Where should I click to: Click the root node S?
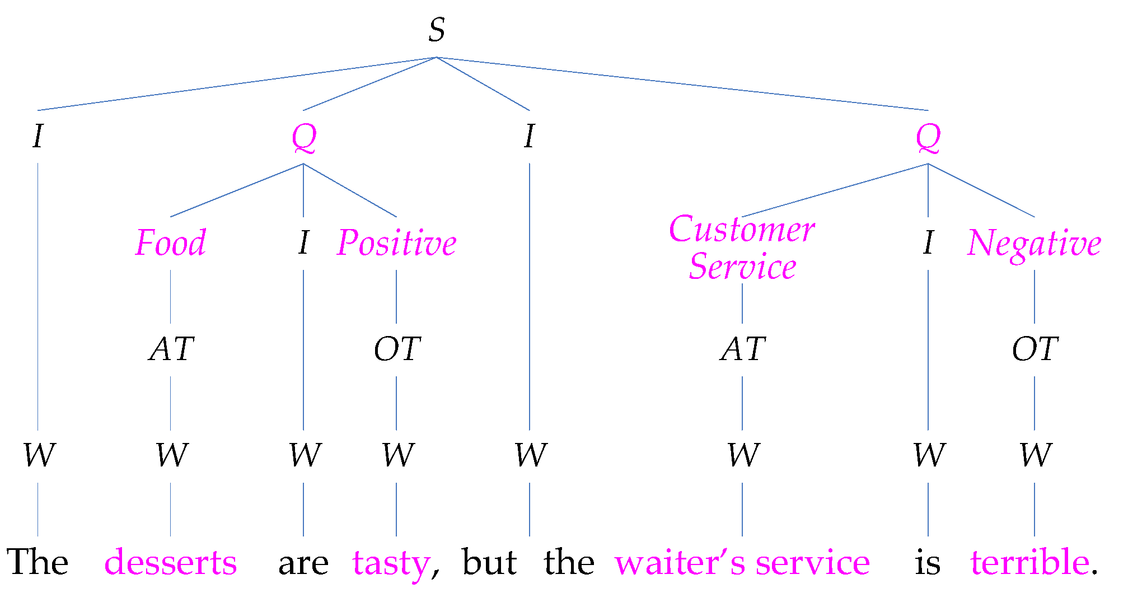(436, 30)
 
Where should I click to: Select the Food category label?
(171, 243)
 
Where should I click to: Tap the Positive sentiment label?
(397, 243)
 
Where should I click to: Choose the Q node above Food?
(304, 138)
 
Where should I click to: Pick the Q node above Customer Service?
(928, 138)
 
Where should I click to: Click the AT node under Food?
(171, 349)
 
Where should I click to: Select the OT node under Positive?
(397, 349)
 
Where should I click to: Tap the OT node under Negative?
(1035, 349)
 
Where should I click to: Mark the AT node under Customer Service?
(743, 349)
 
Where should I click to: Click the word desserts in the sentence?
(171, 562)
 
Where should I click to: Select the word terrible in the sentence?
(1030, 562)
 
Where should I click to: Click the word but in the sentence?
(489, 562)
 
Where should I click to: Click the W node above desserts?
(171, 455)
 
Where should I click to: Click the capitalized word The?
(38, 562)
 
